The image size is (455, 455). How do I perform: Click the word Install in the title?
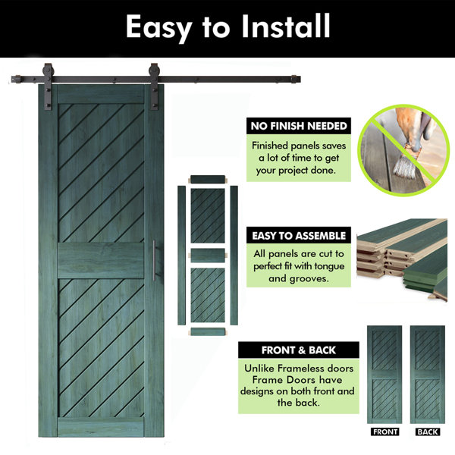click(x=286, y=26)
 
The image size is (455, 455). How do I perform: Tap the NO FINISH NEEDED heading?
click(x=299, y=126)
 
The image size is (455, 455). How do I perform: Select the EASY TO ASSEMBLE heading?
click(x=299, y=236)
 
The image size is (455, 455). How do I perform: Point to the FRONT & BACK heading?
click(x=299, y=350)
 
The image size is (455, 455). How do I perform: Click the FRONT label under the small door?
click(x=384, y=431)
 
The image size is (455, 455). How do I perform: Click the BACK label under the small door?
click(x=428, y=431)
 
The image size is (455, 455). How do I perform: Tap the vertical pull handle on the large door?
click(x=155, y=260)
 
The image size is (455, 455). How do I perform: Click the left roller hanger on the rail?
click(x=48, y=86)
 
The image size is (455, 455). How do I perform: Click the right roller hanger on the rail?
click(x=154, y=86)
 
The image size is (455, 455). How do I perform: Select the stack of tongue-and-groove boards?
click(x=402, y=259)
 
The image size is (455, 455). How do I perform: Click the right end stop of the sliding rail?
click(x=296, y=79)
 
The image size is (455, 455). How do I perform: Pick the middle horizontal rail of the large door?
click(x=101, y=260)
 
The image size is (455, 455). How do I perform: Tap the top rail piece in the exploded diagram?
click(x=208, y=179)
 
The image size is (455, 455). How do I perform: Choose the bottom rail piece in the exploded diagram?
click(x=208, y=331)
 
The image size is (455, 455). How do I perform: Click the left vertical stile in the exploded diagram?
click(x=182, y=255)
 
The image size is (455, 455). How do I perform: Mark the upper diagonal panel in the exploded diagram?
click(x=208, y=215)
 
